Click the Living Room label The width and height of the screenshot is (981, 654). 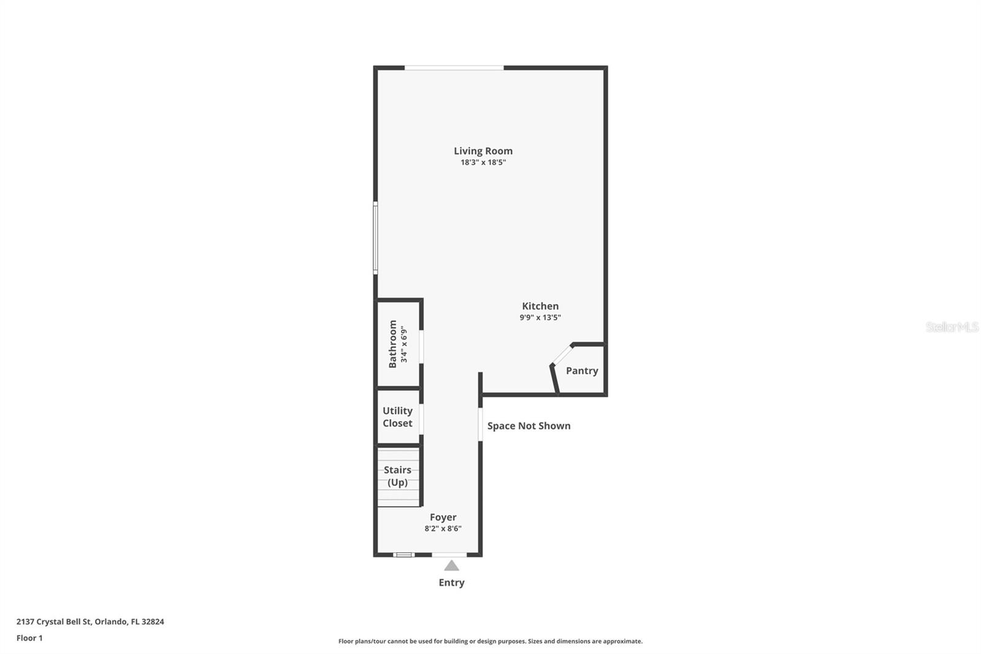483,151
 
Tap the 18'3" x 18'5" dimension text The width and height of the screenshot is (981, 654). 483,163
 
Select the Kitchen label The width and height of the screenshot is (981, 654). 540,306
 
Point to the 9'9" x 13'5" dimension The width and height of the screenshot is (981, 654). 540,318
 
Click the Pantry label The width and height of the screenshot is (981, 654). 582,371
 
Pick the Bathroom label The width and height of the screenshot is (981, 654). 392,344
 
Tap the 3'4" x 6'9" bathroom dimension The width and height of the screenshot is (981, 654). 404,344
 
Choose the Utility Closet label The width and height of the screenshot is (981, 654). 397,417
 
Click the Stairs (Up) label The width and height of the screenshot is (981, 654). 397,476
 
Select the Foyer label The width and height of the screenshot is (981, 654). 443,517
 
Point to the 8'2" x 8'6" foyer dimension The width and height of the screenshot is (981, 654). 443,529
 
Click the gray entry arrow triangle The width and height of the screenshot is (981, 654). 451,566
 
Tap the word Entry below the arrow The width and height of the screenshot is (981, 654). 451,583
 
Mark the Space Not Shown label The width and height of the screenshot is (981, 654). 529,426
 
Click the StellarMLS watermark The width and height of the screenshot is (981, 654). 952,327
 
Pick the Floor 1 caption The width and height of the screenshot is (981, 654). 29,638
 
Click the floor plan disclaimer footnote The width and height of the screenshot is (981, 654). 490,641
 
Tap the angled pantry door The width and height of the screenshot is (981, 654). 562,355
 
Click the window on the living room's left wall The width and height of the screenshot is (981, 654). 375,237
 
